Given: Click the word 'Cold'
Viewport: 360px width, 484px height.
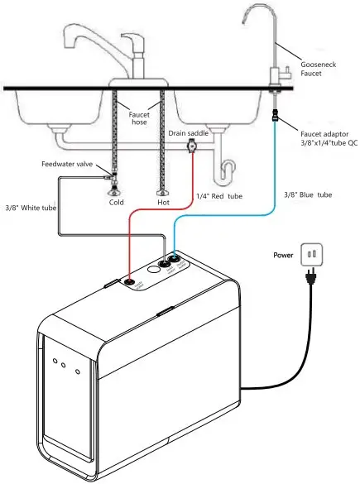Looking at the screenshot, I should click(x=117, y=202).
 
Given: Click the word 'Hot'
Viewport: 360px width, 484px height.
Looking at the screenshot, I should click(x=163, y=202).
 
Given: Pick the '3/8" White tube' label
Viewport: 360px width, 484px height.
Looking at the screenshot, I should click(x=30, y=207).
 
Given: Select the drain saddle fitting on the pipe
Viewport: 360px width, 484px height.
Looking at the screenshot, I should click(x=193, y=148).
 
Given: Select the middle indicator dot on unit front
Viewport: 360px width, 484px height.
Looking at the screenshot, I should click(x=65, y=365).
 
